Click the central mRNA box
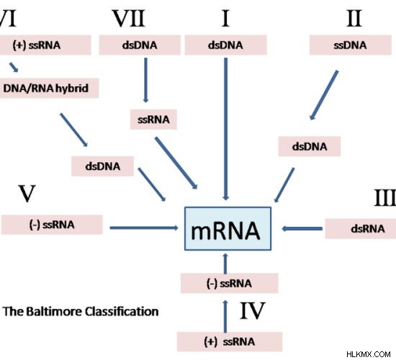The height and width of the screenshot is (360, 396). pos(228,229)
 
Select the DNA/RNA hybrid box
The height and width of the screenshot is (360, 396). pos(49,88)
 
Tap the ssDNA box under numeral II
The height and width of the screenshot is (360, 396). pos(351,45)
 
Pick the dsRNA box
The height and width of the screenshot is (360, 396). pos(361,229)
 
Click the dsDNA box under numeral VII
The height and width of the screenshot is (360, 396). pos(140,45)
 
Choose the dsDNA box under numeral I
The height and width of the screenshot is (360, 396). pos(225,45)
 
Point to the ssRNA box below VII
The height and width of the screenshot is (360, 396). pos(153,120)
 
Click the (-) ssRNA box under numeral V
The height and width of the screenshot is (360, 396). pos(52,225)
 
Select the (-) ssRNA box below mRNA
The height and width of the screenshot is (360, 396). pos(229,283)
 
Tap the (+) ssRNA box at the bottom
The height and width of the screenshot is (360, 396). pos(229,341)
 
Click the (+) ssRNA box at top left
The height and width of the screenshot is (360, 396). pos(45,45)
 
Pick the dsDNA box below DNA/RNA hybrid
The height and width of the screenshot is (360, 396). pos(102,166)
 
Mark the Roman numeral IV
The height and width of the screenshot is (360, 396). pos(252,310)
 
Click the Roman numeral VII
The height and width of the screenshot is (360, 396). pos(129,18)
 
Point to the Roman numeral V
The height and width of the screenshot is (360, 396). pos(27,194)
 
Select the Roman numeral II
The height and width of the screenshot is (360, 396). pos(354,18)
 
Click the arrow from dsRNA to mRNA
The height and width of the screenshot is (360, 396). pos(302,229)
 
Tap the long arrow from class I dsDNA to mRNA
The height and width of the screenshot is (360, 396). pos(226,129)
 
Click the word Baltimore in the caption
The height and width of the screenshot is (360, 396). pos(55,311)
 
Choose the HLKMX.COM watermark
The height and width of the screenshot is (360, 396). pos(369,354)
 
